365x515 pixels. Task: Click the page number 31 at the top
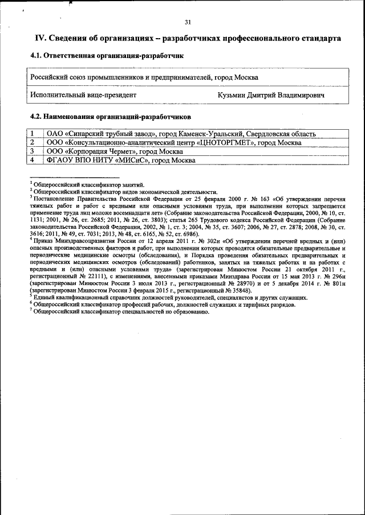pyautogui.click(x=188, y=23)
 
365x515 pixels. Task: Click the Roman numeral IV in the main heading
pyautogui.click(x=40, y=38)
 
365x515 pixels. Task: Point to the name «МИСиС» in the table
pyautogui.click(x=133, y=160)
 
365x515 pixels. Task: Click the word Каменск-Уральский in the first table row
pyautogui.click(x=211, y=134)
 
